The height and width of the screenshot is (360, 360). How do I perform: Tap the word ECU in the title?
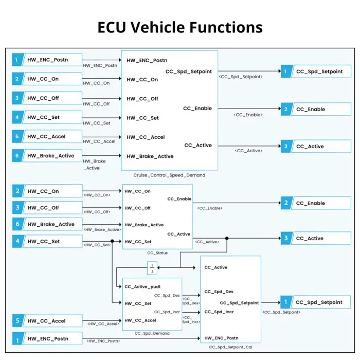click(x=113, y=27)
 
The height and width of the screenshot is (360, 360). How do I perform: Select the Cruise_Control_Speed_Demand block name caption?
click(x=169, y=175)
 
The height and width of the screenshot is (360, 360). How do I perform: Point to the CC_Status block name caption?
click(x=157, y=253)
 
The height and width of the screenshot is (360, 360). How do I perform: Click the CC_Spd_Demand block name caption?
click(x=152, y=333)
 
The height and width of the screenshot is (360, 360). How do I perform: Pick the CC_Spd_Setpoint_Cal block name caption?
click(x=230, y=347)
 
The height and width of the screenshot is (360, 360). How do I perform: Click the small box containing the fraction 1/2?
click(x=152, y=268)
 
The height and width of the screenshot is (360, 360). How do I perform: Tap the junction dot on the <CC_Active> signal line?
click(x=226, y=238)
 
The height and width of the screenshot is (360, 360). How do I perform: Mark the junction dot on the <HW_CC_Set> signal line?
click(x=113, y=241)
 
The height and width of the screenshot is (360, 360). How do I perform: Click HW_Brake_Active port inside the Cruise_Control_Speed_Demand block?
click(x=150, y=156)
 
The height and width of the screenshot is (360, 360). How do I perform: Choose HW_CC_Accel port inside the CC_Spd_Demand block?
click(x=140, y=320)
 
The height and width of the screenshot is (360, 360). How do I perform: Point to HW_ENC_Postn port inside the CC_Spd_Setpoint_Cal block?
click(x=222, y=338)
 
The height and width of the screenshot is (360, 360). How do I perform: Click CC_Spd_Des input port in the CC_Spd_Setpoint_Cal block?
click(x=219, y=292)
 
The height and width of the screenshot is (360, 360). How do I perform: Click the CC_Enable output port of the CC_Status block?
click(x=179, y=199)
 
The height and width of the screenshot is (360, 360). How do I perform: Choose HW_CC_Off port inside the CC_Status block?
click(x=137, y=208)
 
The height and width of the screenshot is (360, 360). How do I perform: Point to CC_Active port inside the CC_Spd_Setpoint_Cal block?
click(x=216, y=267)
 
